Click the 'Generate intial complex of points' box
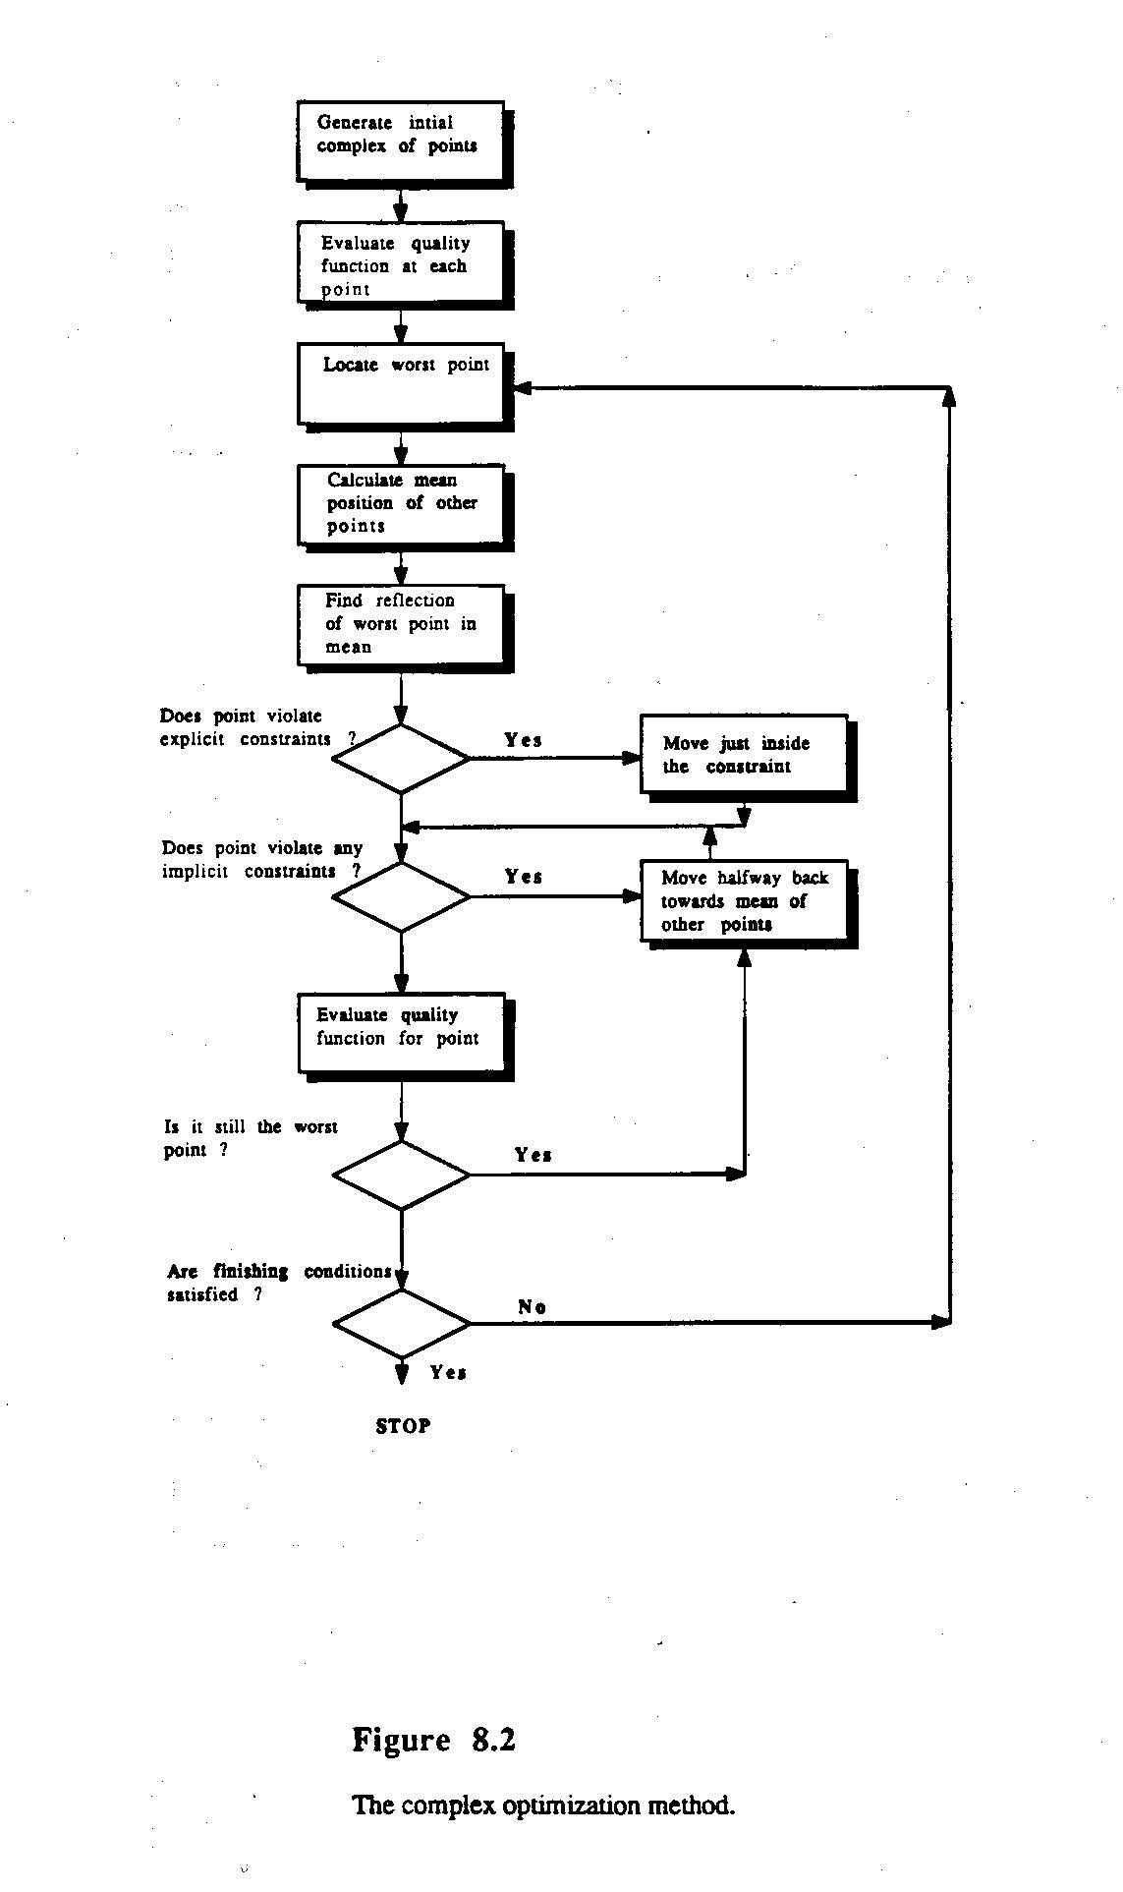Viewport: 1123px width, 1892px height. (401, 140)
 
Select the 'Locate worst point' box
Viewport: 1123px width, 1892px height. (401, 384)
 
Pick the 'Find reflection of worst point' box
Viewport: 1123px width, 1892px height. (401, 624)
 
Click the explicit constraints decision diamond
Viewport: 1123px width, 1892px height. (401, 759)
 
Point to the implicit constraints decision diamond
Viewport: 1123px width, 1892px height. (401, 896)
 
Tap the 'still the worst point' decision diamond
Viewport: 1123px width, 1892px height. (401, 1175)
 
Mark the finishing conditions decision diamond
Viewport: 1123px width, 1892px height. (401, 1323)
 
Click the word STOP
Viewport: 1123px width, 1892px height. (403, 1426)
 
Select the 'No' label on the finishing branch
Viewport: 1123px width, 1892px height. (532, 1306)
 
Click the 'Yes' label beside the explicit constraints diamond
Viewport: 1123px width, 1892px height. (523, 740)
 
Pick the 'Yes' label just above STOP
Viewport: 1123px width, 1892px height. (448, 1372)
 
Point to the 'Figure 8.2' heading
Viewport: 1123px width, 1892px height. (433, 1741)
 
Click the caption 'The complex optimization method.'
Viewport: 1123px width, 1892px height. (542, 1806)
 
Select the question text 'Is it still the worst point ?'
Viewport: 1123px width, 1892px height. (250, 1138)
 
